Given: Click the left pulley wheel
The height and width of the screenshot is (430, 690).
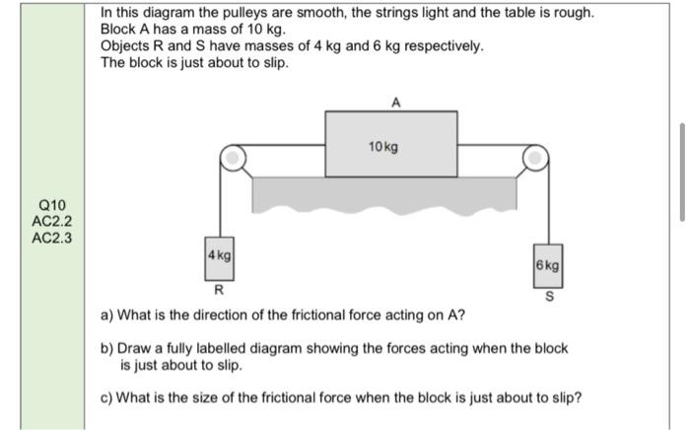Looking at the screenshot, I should click(x=232, y=156).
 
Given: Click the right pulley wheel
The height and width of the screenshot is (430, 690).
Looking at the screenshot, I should click(x=535, y=156).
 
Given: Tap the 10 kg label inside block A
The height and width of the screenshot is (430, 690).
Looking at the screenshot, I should click(x=383, y=147).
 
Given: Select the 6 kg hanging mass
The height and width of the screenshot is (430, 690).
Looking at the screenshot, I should click(x=548, y=266).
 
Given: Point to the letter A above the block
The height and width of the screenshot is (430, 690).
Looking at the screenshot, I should click(x=394, y=101).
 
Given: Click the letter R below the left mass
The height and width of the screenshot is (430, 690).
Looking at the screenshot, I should click(x=219, y=290).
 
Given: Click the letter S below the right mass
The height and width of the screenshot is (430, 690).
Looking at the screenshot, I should click(x=548, y=297).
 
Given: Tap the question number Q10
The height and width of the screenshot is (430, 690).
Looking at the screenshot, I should click(x=52, y=205).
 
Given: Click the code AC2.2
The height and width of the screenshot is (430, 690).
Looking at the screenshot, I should click(x=52, y=221).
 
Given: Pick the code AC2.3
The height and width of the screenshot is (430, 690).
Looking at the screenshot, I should click(x=52, y=237).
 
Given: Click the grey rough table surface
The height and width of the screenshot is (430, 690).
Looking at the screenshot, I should click(x=384, y=193).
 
